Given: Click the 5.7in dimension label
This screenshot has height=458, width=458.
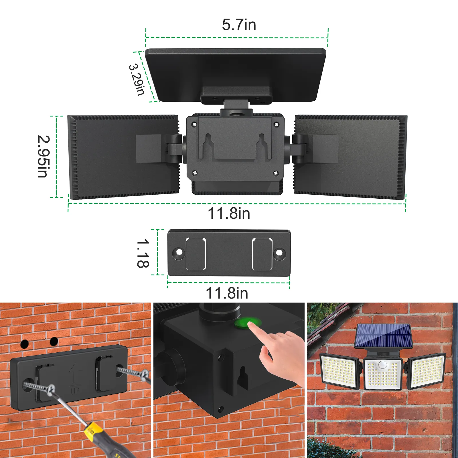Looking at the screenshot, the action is [x=239, y=25].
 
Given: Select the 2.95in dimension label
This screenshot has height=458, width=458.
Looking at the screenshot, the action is [x=44, y=156].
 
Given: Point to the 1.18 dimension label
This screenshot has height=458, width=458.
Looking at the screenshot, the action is [x=143, y=253].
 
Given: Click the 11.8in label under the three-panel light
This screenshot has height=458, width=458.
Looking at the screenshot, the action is [x=229, y=213].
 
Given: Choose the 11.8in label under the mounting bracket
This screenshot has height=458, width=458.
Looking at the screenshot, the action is [x=227, y=293].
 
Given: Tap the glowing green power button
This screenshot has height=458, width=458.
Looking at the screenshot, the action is [x=248, y=323].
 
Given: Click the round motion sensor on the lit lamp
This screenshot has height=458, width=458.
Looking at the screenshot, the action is [x=382, y=365].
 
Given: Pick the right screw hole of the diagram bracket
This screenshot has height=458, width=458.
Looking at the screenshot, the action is [x=279, y=253].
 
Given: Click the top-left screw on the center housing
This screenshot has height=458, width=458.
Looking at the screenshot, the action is [x=195, y=125].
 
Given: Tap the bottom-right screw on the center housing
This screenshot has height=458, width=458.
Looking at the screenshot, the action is [x=276, y=173].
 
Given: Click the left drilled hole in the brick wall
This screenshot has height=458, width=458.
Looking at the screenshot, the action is [x=25, y=344].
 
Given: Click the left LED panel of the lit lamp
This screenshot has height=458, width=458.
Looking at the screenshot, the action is [x=339, y=371].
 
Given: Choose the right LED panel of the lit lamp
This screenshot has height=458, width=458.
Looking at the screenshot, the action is [x=427, y=371].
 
